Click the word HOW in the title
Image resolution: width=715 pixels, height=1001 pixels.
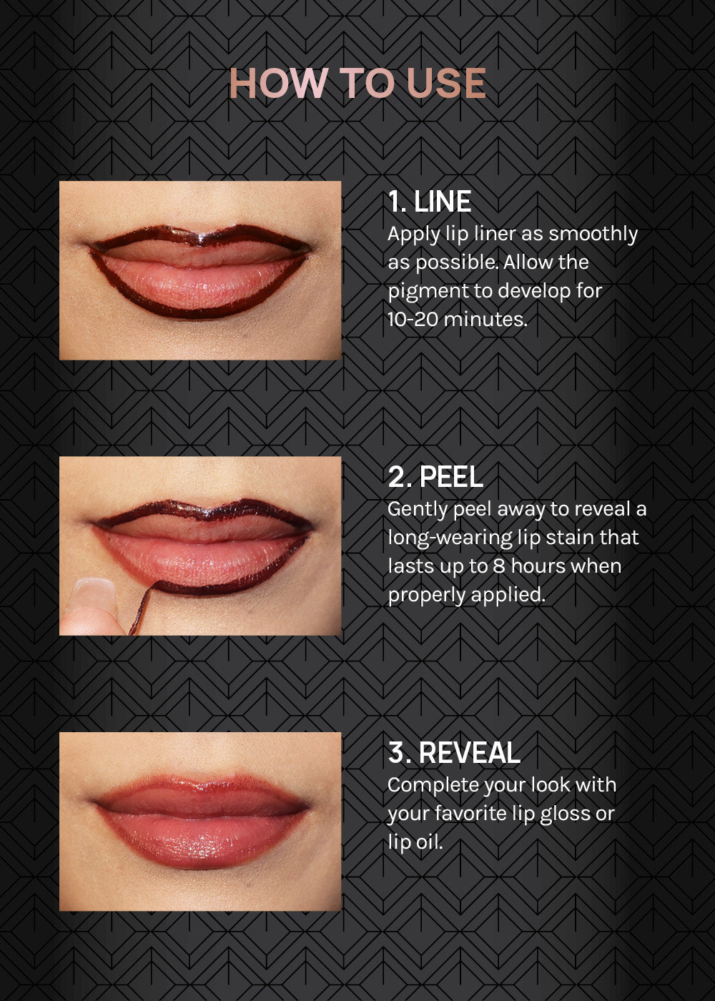[x=278, y=83]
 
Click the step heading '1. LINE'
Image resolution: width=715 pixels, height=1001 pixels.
[x=430, y=202]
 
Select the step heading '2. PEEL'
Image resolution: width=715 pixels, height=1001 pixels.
[x=435, y=477]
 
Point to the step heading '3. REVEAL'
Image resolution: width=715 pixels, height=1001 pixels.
[x=455, y=752]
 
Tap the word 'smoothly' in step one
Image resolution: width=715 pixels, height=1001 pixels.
[x=593, y=235]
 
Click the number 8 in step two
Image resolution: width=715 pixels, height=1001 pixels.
[x=499, y=566]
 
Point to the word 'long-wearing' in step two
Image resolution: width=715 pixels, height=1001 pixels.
[x=450, y=538]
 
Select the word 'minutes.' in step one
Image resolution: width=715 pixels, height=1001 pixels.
[x=485, y=319]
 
